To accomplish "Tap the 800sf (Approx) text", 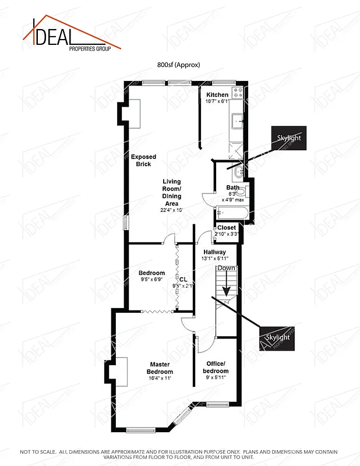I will [179, 65].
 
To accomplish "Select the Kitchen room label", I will [217, 95].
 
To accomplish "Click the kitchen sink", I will [237, 122].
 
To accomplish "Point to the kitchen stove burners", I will [238, 92].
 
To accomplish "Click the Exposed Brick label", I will [143, 160].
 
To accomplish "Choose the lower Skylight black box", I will [278, 338].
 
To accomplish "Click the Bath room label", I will [232, 188].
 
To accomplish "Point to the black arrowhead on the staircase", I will [225, 290].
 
